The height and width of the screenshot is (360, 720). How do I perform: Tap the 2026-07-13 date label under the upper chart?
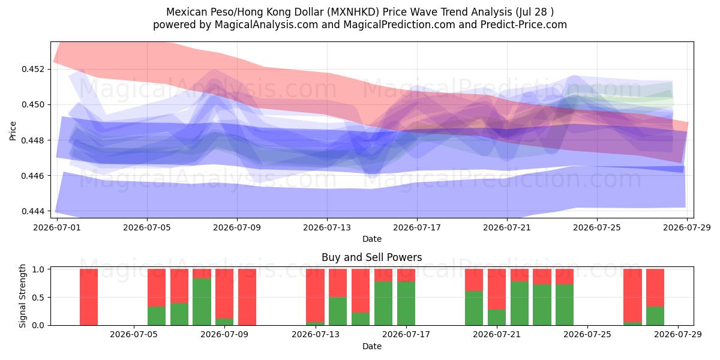[x=327, y=227]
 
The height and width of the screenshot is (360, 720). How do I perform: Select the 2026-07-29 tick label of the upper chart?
[x=687, y=227]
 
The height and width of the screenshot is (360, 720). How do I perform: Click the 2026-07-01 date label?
[x=57, y=227]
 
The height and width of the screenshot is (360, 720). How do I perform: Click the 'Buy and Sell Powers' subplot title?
[x=372, y=257]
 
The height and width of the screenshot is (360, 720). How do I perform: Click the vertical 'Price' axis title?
[x=13, y=131]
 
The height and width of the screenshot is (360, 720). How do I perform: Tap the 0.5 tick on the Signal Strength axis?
[x=39, y=298]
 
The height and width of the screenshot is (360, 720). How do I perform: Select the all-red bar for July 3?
[x=89, y=297]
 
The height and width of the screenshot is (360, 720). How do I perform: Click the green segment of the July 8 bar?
[x=202, y=302]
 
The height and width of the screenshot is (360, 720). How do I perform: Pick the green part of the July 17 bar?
[x=406, y=304]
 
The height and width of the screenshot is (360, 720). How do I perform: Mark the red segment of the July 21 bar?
[x=497, y=289]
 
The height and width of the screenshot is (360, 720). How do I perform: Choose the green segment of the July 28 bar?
[x=655, y=316]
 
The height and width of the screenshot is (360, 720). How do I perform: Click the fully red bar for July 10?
[x=247, y=297]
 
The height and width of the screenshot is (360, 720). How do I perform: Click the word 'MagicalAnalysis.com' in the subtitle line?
[x=266, y=25]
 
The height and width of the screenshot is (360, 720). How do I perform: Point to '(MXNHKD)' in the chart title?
[x=353, y=12]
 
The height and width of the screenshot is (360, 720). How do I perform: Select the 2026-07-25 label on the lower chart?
[x=587, y=335]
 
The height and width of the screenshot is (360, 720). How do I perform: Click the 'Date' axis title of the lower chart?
[x=372, y=346]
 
